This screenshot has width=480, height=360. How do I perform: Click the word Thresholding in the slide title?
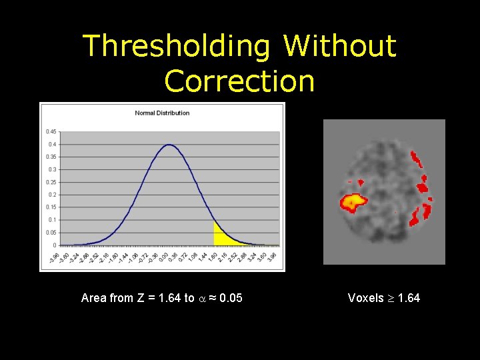176,47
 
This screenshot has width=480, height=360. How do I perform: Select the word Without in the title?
340,47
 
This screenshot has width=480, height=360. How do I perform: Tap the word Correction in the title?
239,81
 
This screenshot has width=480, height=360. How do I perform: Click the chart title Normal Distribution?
162,113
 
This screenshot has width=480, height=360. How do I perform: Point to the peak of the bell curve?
169,145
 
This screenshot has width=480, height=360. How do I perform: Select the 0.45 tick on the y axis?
51,131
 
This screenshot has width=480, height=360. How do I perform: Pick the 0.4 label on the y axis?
52,144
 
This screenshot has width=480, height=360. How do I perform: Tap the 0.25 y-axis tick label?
51,182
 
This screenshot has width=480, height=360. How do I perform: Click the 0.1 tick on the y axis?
52,220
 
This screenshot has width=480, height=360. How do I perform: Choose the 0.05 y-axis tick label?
51,233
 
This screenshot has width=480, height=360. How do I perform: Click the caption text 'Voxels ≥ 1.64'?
384,298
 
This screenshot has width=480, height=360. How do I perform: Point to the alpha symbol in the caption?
201,299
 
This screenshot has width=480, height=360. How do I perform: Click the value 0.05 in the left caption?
231,298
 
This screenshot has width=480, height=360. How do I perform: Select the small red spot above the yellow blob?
360,181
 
